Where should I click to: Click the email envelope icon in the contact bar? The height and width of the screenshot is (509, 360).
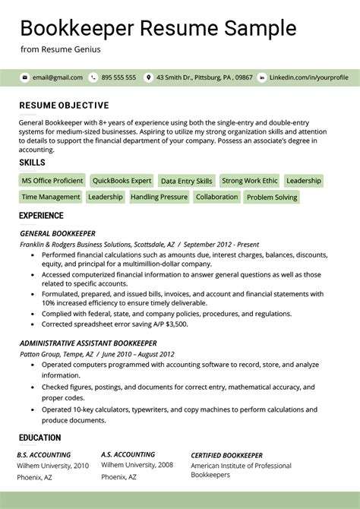point(24,77)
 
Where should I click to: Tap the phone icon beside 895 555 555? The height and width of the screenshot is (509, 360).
point(93,77)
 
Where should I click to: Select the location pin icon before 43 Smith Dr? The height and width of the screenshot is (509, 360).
point(149,77)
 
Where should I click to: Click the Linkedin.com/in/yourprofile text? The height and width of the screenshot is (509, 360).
point(308,77)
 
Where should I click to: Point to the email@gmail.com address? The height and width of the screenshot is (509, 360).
point(57,77)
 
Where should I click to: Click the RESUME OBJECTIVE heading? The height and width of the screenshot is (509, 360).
point(64,106)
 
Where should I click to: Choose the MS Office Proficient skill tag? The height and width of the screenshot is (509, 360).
point(52,181)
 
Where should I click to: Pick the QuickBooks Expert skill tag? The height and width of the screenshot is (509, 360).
point(122,181)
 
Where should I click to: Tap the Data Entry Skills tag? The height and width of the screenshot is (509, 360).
point(186,182)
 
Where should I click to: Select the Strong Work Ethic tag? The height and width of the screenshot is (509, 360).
point(250,181)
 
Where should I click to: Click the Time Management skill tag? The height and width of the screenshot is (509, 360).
point(50,197)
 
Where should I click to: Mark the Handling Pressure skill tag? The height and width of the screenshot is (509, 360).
point(159,197)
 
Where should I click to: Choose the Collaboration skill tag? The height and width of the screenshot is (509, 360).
point(216,197)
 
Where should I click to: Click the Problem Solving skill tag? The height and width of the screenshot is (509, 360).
point(272,198)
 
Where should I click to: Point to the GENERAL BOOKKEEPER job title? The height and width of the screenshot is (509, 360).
point(57,233)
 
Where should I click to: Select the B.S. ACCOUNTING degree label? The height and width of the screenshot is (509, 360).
point(44,454)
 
